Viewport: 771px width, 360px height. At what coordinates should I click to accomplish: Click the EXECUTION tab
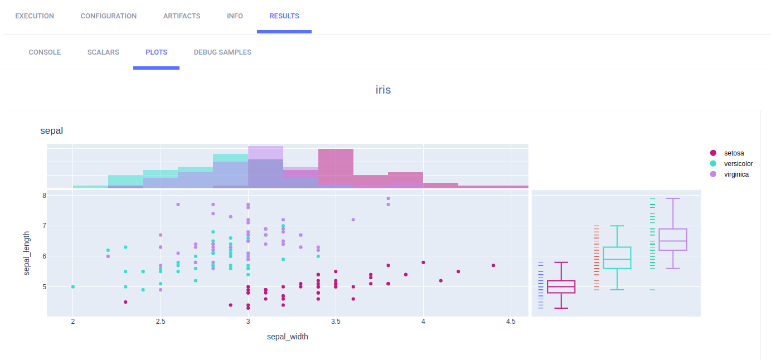[35, 16]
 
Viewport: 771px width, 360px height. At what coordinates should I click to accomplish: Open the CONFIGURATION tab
[108, 16]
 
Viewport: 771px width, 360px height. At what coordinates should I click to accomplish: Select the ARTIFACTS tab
[182, 16]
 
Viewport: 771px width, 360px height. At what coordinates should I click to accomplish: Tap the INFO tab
[235, 16]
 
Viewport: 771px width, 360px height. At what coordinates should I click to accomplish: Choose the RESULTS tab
[284, 16]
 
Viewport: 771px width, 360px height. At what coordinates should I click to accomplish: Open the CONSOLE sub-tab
[45, 52]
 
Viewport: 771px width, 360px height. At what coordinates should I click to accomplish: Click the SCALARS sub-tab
[103, 52]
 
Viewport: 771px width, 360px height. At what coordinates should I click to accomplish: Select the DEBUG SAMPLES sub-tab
[222, 52]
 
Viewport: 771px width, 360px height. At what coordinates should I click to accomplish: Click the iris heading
[383, 90]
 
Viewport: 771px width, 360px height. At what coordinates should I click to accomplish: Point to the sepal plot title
[51, 131]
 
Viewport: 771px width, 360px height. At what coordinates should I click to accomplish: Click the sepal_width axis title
[288, 337]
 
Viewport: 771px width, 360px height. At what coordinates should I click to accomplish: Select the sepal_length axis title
[27, 254]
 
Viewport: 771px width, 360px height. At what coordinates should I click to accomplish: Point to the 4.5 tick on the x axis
[511, 322]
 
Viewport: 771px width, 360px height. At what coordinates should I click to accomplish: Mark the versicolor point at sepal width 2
[73, 287]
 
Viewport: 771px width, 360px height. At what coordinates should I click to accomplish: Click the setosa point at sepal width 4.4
[493, 265]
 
